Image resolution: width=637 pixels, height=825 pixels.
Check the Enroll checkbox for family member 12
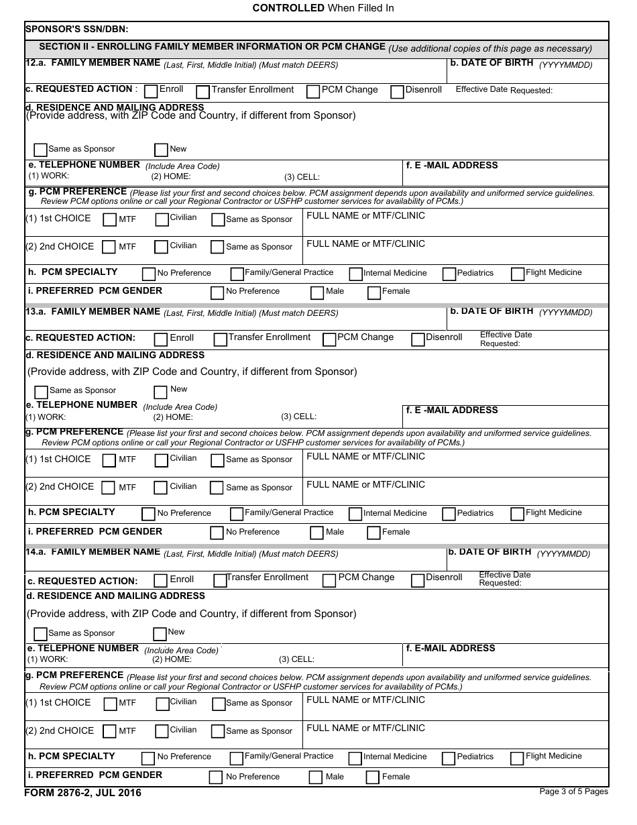(151, 91)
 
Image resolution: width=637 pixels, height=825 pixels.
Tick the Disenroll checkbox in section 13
(418, 339)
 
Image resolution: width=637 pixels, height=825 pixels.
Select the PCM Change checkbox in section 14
(329, 581)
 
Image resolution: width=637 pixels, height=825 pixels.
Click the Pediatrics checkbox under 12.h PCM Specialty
(449, 274)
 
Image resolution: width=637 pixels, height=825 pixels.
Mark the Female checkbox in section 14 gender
(373, 778)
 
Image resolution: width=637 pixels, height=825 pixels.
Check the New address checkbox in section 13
(160, 392)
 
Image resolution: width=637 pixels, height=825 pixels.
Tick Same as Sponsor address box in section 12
(40, 150)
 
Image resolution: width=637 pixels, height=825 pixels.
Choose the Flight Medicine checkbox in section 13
(517, 514)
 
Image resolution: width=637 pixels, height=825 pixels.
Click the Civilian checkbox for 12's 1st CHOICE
(161, 219)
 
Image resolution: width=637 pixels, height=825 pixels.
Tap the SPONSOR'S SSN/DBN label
(76, 30)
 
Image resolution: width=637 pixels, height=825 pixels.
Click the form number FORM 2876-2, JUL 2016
(83, 793)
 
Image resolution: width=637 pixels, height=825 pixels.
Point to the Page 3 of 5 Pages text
(573, 791)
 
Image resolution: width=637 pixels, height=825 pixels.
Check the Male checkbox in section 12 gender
(317, 293)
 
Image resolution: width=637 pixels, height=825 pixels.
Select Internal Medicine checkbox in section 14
(355, 759)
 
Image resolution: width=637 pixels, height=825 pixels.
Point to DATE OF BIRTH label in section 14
(489, 552)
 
